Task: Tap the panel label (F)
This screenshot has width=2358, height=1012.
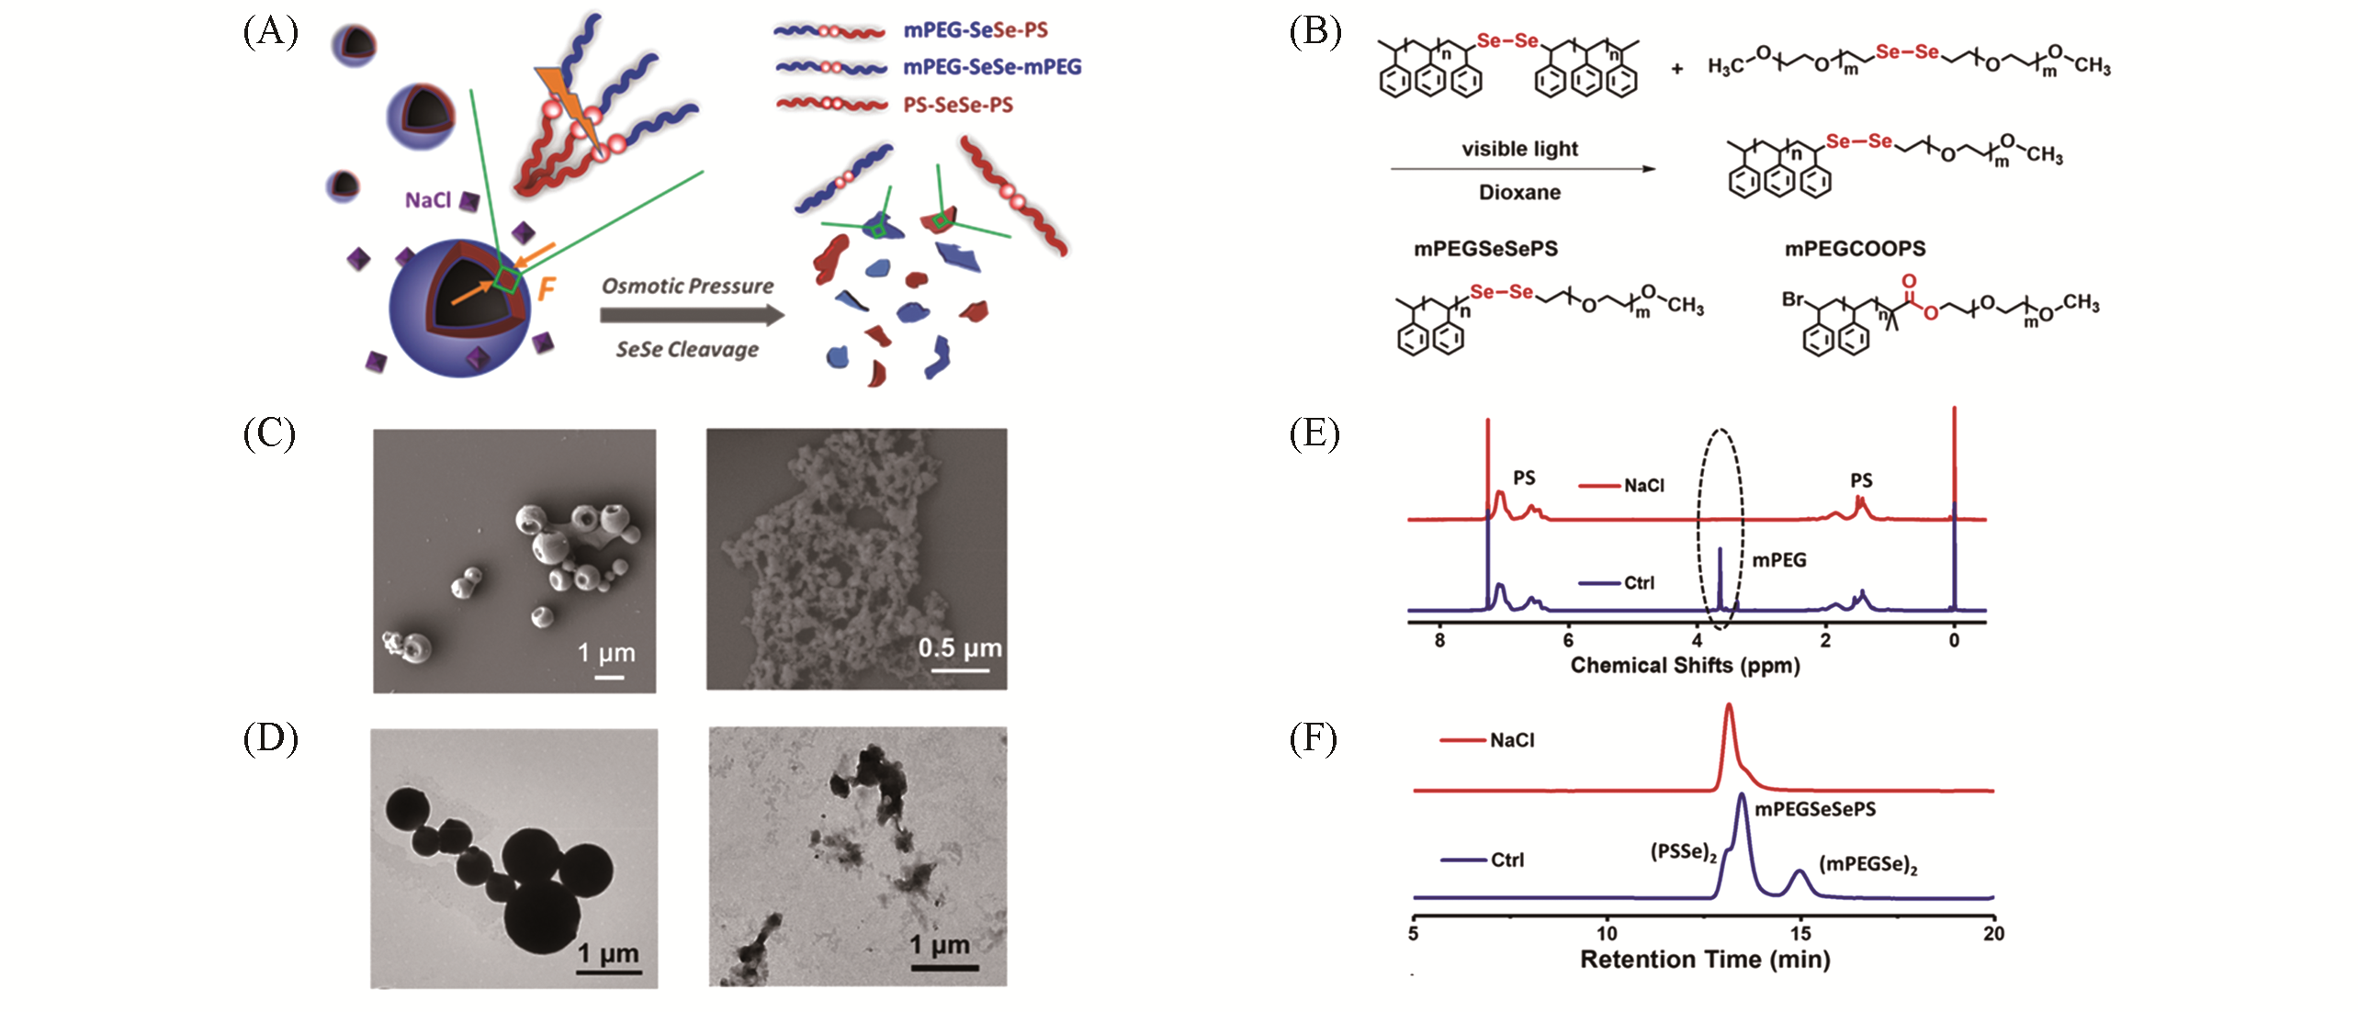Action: (1314, 737)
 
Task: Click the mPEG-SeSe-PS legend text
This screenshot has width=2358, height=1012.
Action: (975, 30)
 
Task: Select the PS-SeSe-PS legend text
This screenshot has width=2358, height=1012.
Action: (958, 106)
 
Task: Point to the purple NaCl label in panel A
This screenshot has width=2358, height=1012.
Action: (428, 200)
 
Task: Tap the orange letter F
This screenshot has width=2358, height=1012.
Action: (547, 289)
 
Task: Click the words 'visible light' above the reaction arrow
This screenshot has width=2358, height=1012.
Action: (1519, 149)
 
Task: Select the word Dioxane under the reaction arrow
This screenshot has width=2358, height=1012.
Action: (1519, 193)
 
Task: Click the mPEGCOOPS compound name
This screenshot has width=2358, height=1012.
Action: (1855, 249)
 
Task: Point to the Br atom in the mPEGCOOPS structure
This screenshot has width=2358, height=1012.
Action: (1792, 299)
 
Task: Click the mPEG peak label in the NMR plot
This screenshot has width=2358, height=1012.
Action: (1778, 560)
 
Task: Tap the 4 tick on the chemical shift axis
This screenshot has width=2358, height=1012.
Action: (1697, 640)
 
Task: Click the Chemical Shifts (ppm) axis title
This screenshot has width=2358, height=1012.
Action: (1685, 665)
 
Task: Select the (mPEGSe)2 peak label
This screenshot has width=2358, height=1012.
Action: (1867, 864)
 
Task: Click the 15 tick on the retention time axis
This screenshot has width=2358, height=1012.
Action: (1800, 934)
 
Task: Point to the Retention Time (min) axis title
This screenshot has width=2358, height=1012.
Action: (1704, 960)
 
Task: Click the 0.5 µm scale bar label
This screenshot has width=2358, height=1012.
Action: (959, 648)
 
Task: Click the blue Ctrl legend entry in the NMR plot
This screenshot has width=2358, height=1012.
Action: (1639, 583)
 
